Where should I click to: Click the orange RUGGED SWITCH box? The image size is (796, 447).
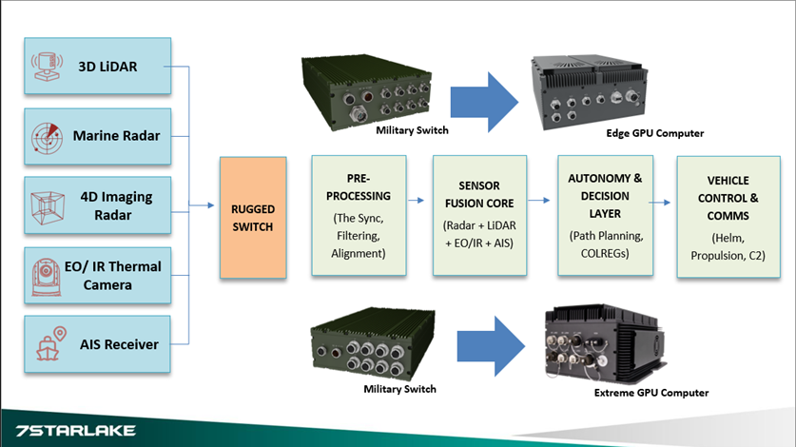tap(252, 218)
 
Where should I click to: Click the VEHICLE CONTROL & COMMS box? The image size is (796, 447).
tap(728, 218)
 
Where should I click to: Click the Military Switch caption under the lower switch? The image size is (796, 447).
tap(399, 389)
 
